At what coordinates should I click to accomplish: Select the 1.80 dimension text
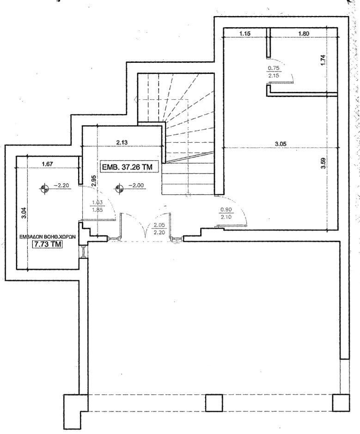[304, 33]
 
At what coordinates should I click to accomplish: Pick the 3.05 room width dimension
[281, 144]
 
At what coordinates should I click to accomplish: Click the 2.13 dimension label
[122, 143]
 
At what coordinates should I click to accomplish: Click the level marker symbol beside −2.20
[44, 187]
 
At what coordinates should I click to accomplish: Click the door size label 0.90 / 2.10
[227, 214]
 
